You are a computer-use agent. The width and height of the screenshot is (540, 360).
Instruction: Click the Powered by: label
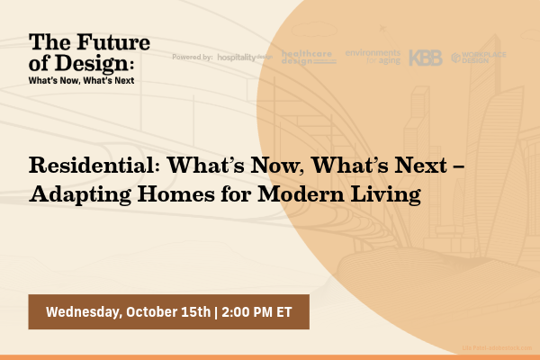(x=192, y=57)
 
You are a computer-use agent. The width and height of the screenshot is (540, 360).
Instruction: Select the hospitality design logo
(x=245, y=57)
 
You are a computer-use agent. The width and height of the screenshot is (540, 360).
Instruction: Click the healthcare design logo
(x=309, y=57)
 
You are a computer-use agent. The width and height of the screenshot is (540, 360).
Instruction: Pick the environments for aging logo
(x=372, y=56)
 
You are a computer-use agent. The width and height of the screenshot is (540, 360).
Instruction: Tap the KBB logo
(x=425, y=57)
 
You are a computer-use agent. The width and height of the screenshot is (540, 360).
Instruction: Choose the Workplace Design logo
(x=480, y=57)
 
